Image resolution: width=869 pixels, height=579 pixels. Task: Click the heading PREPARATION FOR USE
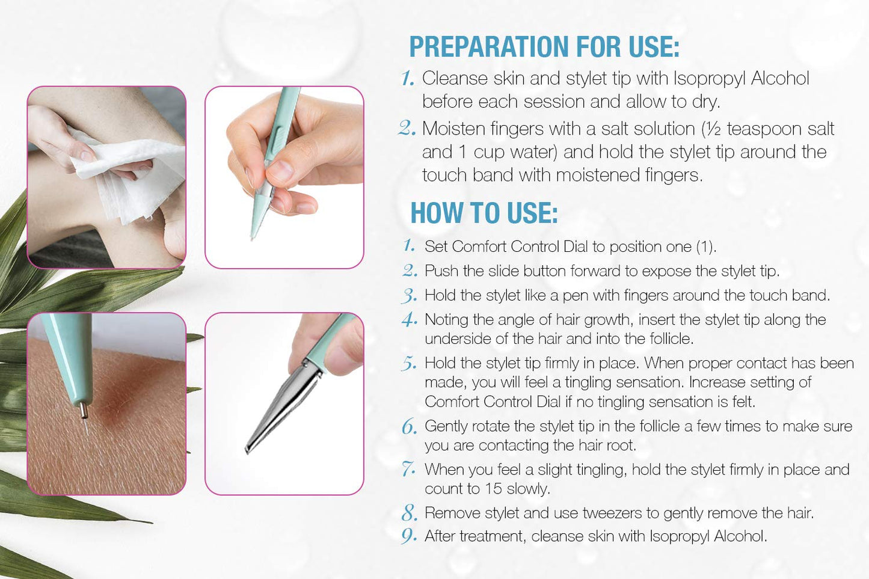(544, 47)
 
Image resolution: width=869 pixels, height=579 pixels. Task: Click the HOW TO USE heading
(484, 213)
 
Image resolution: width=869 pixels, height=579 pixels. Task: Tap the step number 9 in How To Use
(409, 536)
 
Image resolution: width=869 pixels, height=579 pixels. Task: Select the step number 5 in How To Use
(409, 364)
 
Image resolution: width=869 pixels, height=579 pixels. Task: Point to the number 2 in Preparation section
(407, 128)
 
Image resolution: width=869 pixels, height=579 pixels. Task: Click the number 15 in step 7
(493, 489)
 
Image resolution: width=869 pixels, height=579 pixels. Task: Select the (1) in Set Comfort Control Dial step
(705, 247)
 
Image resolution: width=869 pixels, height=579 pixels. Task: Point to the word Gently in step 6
(446, 426)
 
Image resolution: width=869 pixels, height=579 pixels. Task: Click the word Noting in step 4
(446, 320)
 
